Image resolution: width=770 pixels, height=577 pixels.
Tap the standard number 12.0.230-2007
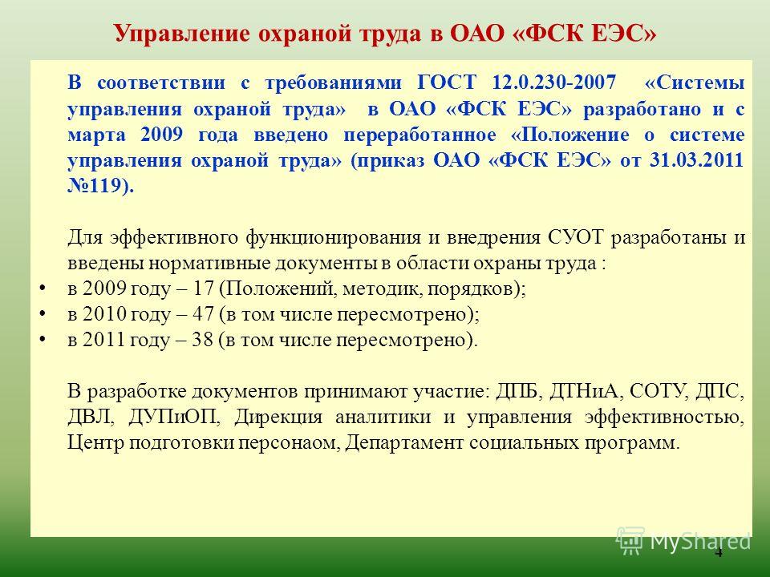click(553, 82)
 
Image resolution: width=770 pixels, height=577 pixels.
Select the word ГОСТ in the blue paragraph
click(447, 82)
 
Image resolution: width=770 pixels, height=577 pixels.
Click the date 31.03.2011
click(696, 160)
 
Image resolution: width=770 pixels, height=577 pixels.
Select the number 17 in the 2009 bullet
click(203, 288)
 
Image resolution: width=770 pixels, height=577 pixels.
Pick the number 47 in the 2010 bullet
click(203, 314)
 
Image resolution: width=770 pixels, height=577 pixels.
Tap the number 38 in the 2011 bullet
click(202, 340)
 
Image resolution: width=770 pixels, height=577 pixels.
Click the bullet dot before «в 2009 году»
click(43, 288)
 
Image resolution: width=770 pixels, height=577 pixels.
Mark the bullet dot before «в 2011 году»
click(43, 339)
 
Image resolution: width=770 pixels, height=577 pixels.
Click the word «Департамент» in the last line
click(403, 443)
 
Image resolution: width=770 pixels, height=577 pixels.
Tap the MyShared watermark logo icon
click(630, 540)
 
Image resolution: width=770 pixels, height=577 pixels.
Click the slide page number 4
click(719, 553)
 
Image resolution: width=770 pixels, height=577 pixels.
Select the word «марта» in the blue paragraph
click(96, 135)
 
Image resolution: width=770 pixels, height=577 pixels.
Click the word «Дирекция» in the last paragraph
click(278, 418)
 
